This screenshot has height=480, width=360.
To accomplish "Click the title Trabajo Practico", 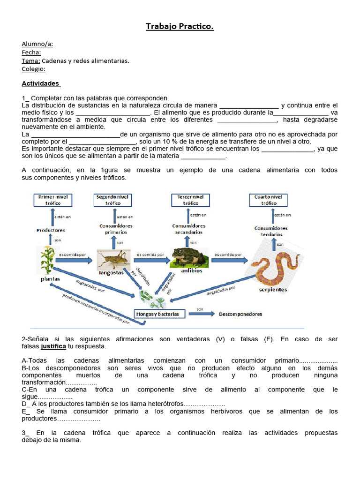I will click(x=180, y=27).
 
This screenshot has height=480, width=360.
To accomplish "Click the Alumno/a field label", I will click(x=37, y=44).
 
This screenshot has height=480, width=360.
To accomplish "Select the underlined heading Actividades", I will click(x=41, y=83).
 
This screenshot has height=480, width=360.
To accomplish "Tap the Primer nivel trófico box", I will click(x=53, y=200).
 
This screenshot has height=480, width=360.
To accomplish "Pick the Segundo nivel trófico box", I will click(x=112, y=200).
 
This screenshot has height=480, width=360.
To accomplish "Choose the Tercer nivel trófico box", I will click(x=191, y=200).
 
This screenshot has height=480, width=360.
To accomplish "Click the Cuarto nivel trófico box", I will click(x=269, y=200).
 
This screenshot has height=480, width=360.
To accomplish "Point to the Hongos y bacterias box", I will click(x=157, y=314).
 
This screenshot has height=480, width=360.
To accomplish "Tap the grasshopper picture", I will click(x=113, y=259).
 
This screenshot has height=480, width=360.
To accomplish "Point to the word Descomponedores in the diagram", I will click(x=240, y=314).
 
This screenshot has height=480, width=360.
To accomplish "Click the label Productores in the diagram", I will click(x=51, y=230).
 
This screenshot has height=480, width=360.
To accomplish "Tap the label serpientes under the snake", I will click(x=273, y=290).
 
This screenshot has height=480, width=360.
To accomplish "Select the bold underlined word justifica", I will click(x=54, y=346).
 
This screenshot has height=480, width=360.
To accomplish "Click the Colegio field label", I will click(x=33, y=69).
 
